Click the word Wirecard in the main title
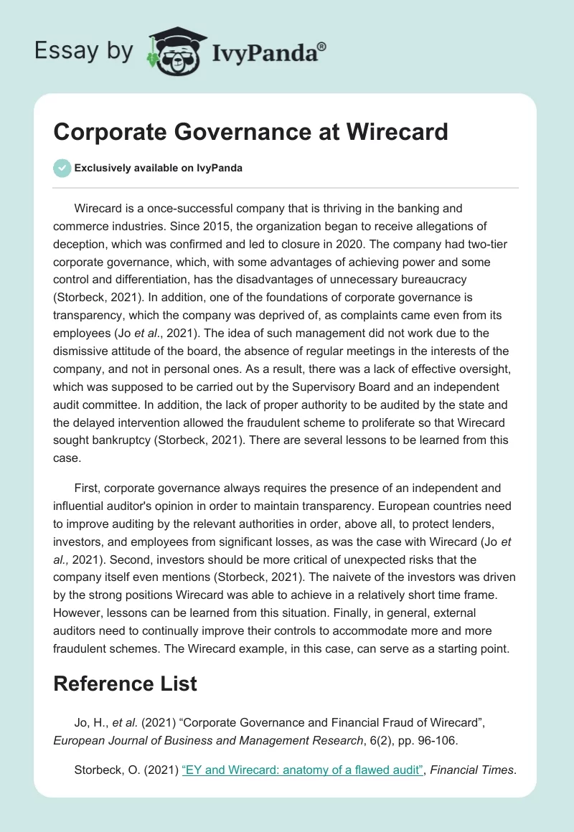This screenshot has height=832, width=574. (388, 132)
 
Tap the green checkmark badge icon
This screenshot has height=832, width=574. (62, 168)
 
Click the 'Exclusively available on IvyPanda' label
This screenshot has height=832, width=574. (158, 168)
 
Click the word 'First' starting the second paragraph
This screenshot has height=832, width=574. (87, 488)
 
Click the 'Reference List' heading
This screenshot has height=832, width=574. (125, 684)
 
